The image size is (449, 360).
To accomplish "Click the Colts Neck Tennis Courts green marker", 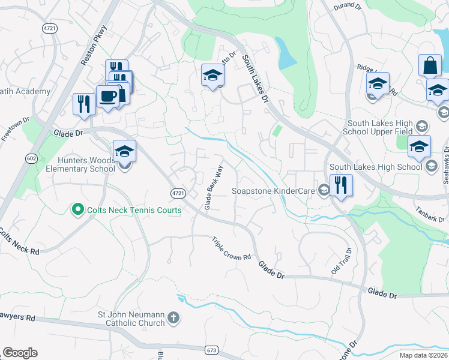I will click(77, 210).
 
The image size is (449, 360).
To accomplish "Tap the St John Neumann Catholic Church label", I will click(127, 318).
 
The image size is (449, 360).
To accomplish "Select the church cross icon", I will click(173, 317).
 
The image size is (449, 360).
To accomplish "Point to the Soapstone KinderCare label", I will click(273, 191).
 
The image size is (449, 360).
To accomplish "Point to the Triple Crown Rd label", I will click(231, 248).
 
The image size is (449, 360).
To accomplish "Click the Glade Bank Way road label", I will click(213, 187).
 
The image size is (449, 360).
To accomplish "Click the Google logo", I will click(20, 353).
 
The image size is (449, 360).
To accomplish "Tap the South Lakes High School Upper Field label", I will click(381, 126).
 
